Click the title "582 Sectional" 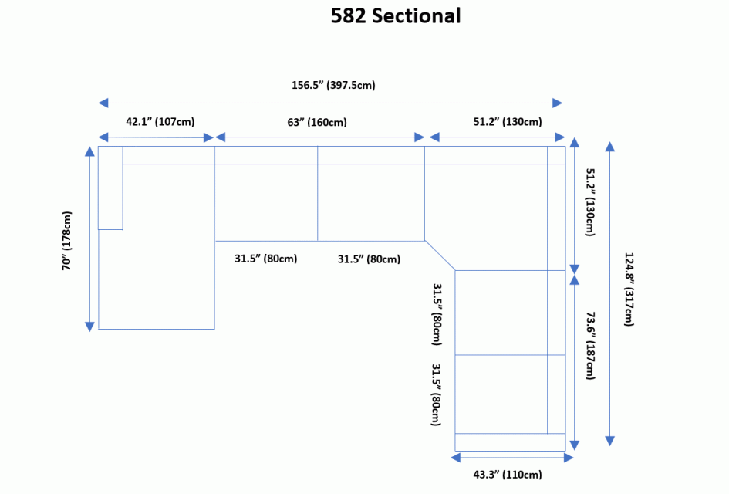[396, 15]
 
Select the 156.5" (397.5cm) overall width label [333, 85]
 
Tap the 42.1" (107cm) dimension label [160, 121]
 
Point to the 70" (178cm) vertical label [67, 240]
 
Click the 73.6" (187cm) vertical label [590, 345]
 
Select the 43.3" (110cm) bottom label [508, 474]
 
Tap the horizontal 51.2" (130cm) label [508, 121]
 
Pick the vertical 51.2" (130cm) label [590, 201]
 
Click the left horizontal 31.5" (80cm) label [266, 259]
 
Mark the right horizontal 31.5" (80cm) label [369, 259]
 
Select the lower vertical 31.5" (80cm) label [437, 394]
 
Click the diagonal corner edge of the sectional [440, 255]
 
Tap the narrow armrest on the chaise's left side [110, 187]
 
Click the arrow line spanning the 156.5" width [332, 103]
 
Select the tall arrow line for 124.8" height [609, 293]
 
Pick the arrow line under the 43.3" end [511, 458]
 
